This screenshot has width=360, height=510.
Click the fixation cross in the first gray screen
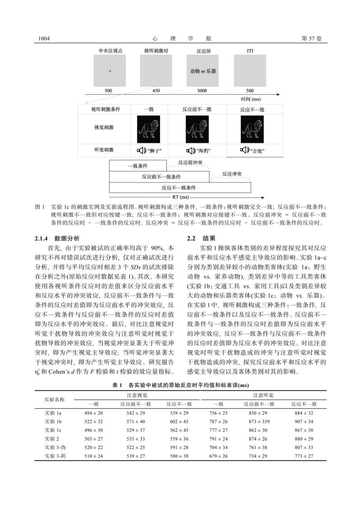coord(109,71)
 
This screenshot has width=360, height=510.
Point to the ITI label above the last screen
coord(250,51)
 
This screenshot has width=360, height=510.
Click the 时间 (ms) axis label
coord(251,98)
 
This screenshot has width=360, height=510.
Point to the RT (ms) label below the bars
coord(182,197)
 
